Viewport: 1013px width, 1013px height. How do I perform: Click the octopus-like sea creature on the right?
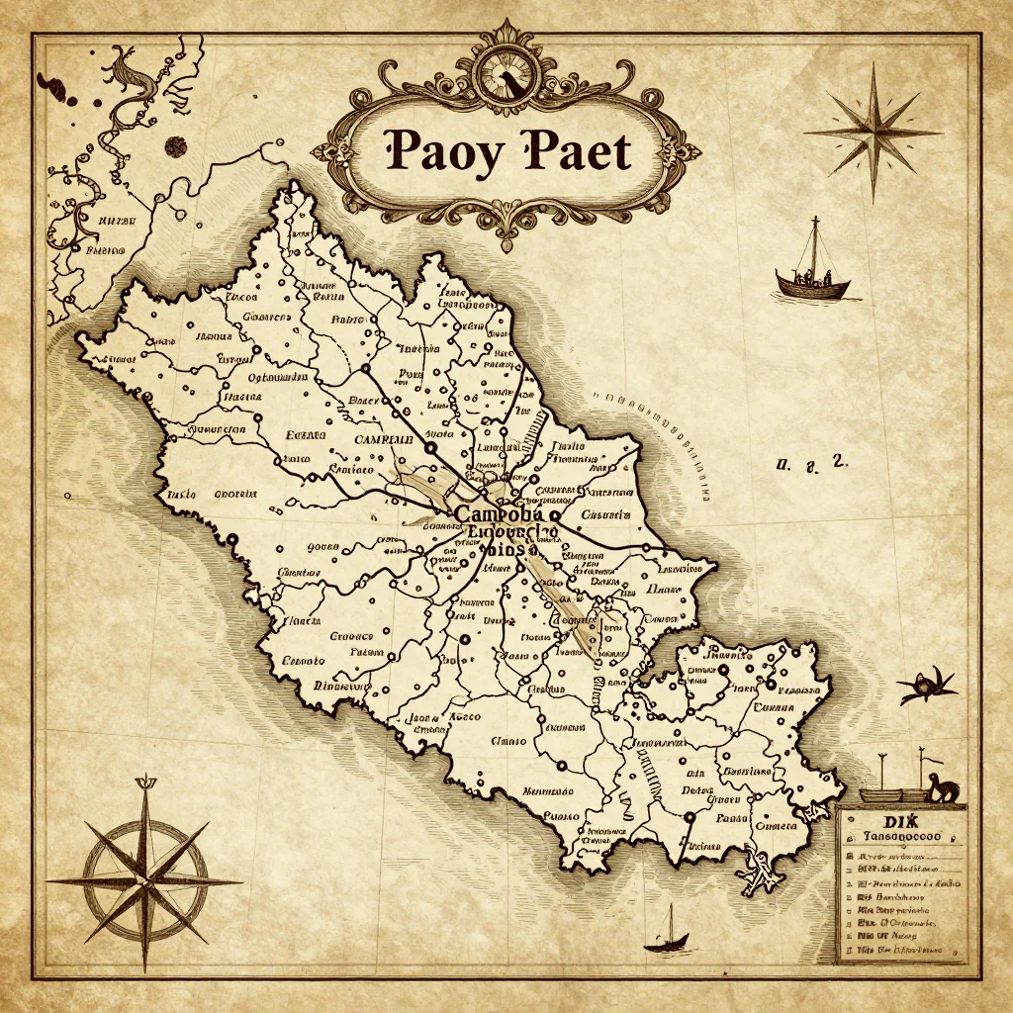[x=928, y=685]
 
